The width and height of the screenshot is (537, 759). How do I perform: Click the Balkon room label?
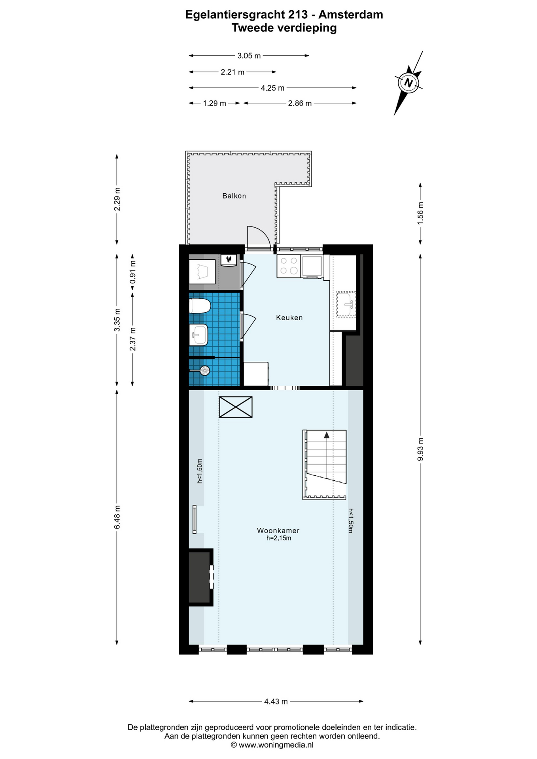coord(234,196)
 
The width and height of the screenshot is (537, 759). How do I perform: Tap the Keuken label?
coord(289,317)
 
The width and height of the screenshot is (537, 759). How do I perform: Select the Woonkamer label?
coord(278,531)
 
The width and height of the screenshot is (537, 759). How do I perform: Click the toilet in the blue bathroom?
coord(200,306)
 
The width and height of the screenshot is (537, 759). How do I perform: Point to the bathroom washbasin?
coord(199,335)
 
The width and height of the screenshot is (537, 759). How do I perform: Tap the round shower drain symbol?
coord(204,370)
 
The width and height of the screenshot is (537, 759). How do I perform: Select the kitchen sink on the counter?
coord(346,304)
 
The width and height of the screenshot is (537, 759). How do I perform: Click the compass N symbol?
coord(408,83)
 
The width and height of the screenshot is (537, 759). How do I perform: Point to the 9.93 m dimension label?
coord(420,449)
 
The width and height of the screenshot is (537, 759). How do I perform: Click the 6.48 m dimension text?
coord(117,517)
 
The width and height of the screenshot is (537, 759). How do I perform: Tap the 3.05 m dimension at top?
coord(249,56)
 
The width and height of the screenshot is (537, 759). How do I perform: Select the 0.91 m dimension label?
coord(133,272)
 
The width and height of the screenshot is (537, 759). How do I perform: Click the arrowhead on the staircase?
coord(327,435)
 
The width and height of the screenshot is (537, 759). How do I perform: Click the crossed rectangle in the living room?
coord(236,407)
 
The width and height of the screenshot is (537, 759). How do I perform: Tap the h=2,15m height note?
coord(279,538)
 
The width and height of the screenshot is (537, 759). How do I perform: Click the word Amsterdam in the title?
coord(351,15)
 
